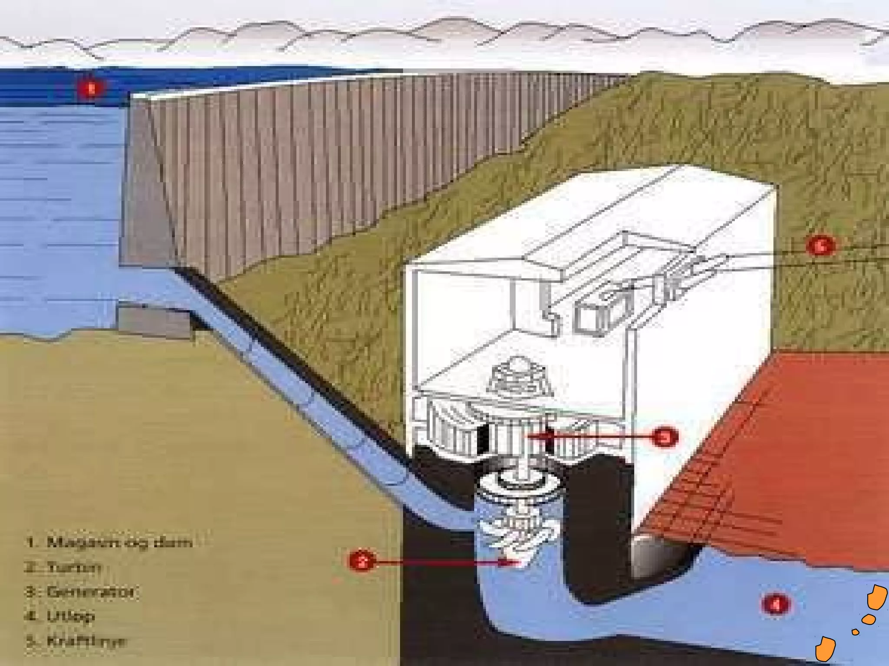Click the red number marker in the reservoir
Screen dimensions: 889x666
click(91, 89)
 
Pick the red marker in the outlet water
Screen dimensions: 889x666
click(776, 604)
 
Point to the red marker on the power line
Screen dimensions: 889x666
click(820, 245)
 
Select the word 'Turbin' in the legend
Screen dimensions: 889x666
click(74, 567)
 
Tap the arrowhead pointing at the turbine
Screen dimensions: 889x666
click(506, 562)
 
